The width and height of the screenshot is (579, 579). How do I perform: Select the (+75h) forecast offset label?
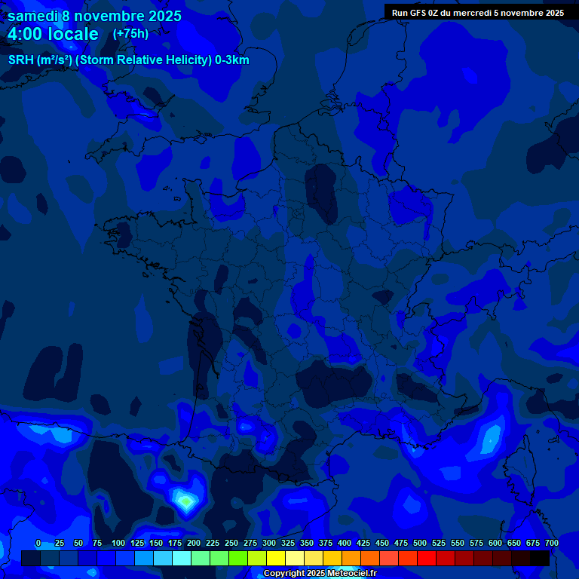coord(130,34)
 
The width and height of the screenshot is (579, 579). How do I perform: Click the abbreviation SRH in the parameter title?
coord(21,60)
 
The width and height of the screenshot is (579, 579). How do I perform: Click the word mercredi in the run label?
coord(468,12)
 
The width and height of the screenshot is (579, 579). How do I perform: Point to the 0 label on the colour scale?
coord(38,544)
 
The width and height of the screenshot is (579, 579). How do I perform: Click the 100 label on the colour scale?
coord(118,544)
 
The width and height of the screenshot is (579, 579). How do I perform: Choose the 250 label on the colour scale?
coord(231,544)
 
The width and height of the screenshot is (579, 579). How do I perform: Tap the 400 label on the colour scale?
coord(345,544)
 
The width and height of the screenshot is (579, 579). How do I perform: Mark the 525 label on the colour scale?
coord(439,544)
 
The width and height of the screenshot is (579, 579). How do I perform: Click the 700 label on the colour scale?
coord(552,544)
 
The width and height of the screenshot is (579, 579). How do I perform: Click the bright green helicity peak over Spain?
coord(186,500)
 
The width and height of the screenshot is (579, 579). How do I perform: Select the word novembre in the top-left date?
coord(111,16)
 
